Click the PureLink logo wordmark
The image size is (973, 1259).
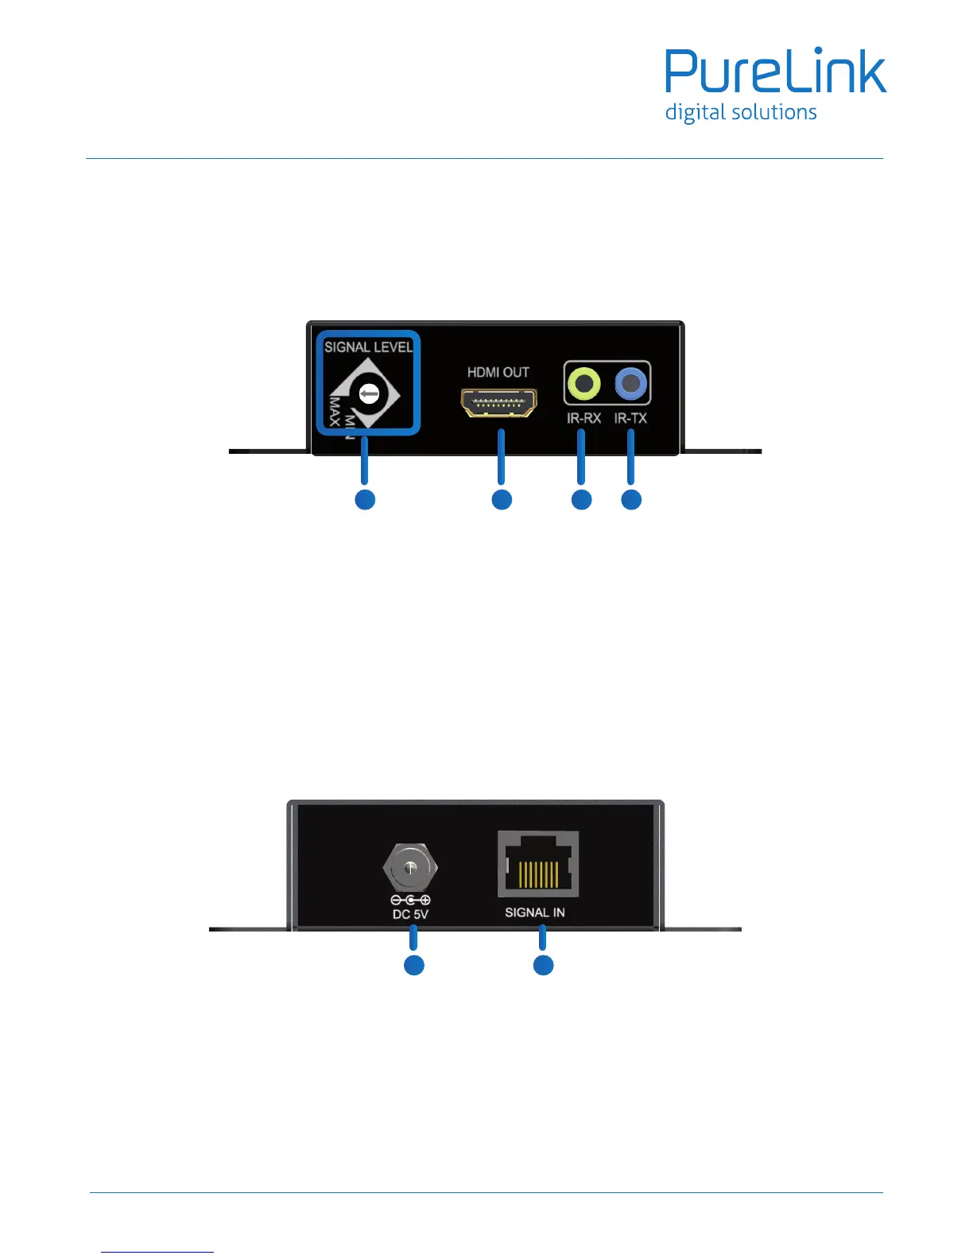click(775, 72)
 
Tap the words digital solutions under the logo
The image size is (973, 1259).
click(741, 113)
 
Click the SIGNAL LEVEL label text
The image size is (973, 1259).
click(368, 347)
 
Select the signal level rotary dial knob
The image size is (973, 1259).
click(369, 393)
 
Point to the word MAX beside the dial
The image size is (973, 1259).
click(335, 411)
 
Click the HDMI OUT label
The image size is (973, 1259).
click(498, 372)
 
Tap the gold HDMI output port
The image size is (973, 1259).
click(498, 402)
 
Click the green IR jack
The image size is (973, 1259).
click(584, 384)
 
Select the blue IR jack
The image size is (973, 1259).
click(631, 384)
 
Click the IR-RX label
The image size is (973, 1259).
click(583, 418)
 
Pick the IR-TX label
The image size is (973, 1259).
click(630, 418)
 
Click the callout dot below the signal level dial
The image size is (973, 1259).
click(365, 499)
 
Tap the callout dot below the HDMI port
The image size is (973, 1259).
click(502, 499)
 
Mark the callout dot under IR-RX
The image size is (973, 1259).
click(582, 499)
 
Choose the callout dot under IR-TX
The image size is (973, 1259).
click(631, 499)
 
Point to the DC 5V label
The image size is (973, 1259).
click(410, 914)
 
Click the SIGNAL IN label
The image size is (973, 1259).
click(535, 912)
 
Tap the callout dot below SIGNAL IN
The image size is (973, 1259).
click(543, 965)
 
